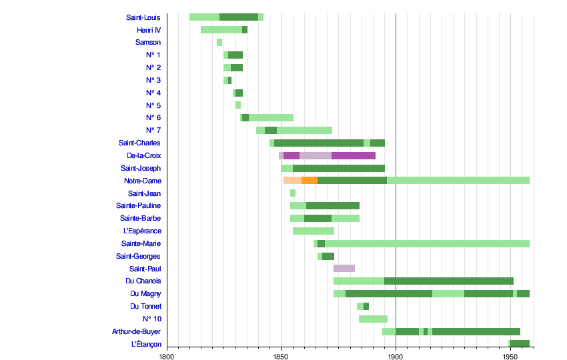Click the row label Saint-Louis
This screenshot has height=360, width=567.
pyautogui.click(x=143, y=17)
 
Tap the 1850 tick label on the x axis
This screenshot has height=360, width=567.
pyautogui.click(x=281, y=357)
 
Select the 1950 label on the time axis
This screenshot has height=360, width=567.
pyautogui.click(x=510, y=357)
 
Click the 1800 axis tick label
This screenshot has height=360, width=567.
pyautogui.click(x=167, y=357)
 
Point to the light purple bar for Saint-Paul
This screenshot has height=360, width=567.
pyautogui.click(x=344, y=268)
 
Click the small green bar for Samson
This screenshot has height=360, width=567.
pyautogui.click(x=219, y=42)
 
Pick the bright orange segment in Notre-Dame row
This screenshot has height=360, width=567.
pyautogui.click(x=310, y=181)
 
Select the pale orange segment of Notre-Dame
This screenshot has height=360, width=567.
pyautogui.click(x=293, y=181)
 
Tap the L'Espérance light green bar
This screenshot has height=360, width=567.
pyautogui.click(x=314, y=231)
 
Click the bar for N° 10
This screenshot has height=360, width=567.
pyautogui.click(x=373, y=319)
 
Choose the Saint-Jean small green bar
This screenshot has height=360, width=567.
pyautogui.click(x=293, y=193)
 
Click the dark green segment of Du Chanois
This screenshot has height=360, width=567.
pyautogui.click(x=449, y=281)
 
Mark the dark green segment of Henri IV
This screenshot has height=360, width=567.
pyautogui.click(x=245, y=29)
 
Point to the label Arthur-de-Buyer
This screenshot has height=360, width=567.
pyautogui.click(x=136, y=331)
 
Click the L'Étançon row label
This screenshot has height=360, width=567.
pyautogui.click(x=146, y=344)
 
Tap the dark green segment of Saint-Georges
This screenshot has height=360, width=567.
pyautogui.click(x=328, y=256)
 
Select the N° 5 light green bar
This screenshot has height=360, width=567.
pyautogui.click(x=238, y=105)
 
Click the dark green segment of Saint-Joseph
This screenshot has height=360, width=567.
pyautogui.click(x=339, y=168)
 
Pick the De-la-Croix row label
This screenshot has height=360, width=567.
pyautogui.click(x=144, y=155)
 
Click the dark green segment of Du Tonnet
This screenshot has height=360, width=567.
pyautogui.click(x=366, y=306)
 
